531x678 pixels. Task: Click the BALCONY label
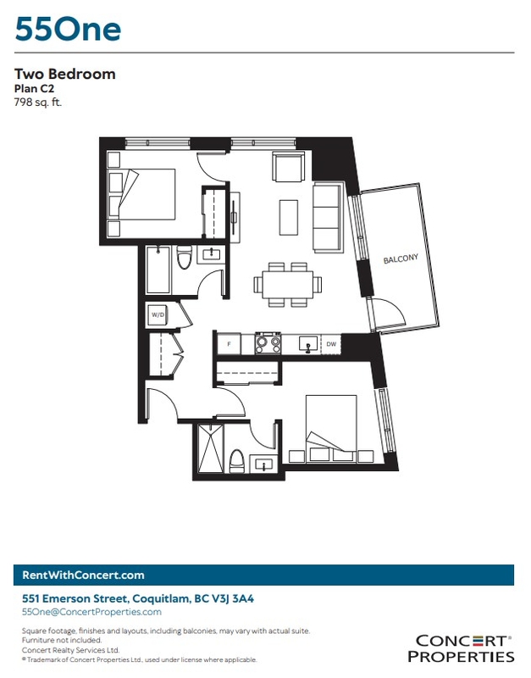[x=401, y=258]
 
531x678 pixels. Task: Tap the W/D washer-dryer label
[x=158, y=314]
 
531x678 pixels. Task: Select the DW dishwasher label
[x=331, y=344]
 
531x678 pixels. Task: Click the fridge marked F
[x=229, y=344]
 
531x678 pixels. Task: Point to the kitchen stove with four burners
[x=268, y=343]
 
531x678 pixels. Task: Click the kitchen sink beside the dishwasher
[x=308, y=344]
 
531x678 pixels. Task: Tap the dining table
[x=288, y=285]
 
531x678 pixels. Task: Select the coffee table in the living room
[x=289, y=217]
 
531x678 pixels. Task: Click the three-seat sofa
[x=328, y=217]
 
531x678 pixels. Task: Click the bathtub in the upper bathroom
[x=158, y=270]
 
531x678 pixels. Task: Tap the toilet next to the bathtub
[x=185, y=258]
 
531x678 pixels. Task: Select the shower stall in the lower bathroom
[x=211, y=449]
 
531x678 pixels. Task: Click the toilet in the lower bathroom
[x=236, y=462]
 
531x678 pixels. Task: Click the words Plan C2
[x=34, y=88]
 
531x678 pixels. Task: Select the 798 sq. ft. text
[x=38, y=103]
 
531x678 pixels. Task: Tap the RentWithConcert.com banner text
[x=83, y=575]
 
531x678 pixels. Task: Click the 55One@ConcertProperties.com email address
[x=91, y=612]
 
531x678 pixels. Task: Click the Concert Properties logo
[x=461, y=648]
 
